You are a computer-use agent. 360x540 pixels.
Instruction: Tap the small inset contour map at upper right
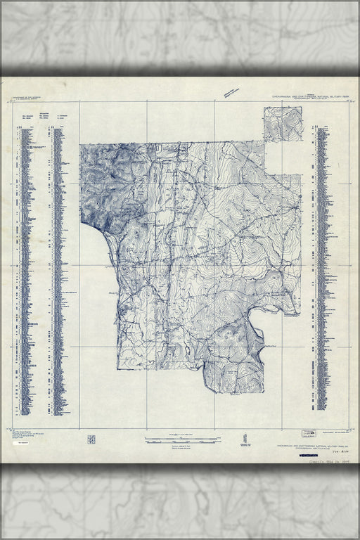[283, 124]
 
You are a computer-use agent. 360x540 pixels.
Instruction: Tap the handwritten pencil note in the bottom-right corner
[328, 458]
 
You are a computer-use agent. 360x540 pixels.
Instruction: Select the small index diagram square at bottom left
[91, 439]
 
